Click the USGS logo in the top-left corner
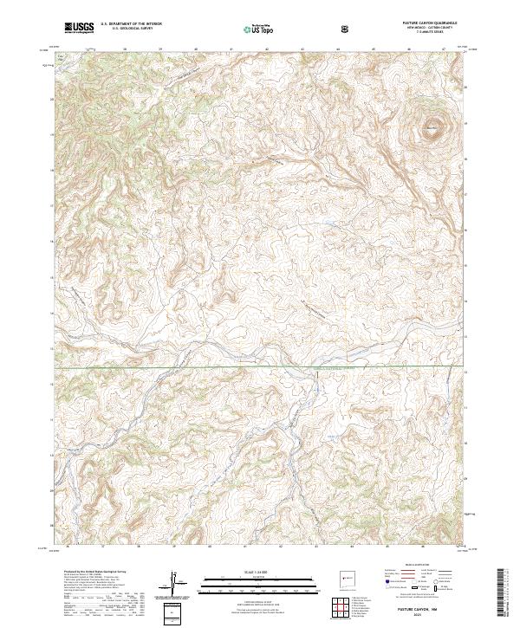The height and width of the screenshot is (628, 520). pos(78,29)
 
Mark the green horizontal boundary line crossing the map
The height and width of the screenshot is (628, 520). pos(260,368)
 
